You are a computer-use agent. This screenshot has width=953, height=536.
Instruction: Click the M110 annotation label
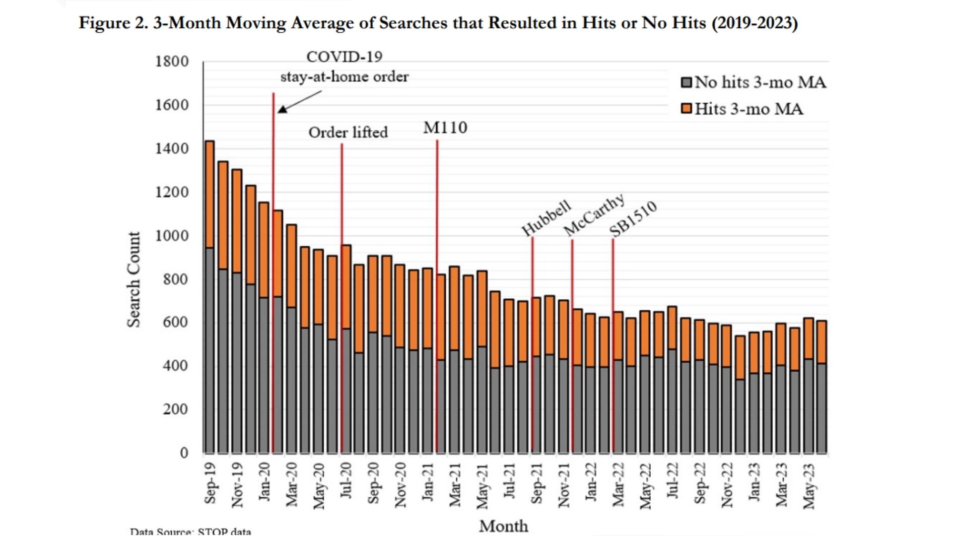[x=445, y=128]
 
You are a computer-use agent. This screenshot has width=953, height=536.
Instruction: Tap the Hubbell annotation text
[x=546, y=218]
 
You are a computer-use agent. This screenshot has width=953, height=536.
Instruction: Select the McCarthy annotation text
[x=594, y=215]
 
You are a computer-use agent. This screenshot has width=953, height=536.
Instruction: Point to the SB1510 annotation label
[x=633, y=219]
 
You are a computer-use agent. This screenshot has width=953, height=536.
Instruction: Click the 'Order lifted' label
[x=348, y=133]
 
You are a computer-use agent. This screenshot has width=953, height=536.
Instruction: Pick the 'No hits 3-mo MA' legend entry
[x=753, y=82]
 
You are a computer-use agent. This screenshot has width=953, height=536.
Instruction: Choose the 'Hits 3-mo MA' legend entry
[x=742, y=109]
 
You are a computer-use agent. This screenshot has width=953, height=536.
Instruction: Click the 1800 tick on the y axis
[x=172, y=62]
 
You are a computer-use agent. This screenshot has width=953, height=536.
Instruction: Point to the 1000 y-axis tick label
[x=172, y=236]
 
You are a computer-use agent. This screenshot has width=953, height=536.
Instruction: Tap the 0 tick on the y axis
[x=184, y=453]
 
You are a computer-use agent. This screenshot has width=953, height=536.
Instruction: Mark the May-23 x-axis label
[x=809, y=486]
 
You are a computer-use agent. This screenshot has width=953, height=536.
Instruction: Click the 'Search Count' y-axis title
[x=134, y=279]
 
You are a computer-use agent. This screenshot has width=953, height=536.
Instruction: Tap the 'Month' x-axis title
[x=503, y=526]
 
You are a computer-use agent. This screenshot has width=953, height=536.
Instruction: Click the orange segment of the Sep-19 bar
[x=209, y=194]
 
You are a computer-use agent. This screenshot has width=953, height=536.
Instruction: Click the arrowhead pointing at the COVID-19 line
[x=282, y=109]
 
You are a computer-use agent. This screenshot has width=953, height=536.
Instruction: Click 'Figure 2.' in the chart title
[x=113, y=23]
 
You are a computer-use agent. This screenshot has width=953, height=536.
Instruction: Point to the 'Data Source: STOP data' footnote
[x=191, y=532]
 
